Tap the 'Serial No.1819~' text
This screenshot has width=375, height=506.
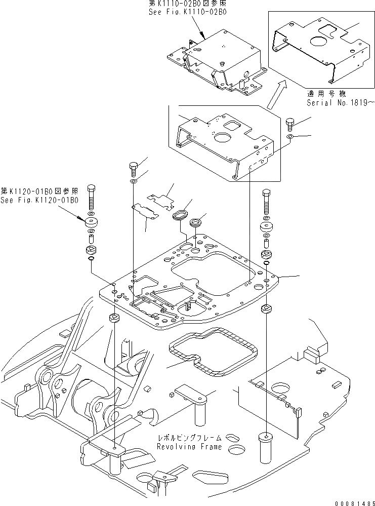tap(341, 102)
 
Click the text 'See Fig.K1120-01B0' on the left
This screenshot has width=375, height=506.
tap(39, 200)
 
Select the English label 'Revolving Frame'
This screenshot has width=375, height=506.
tap(189, 447)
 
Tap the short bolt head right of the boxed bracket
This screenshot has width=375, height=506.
tap(290, 124)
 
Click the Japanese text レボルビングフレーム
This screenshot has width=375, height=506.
tap(189, 438)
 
